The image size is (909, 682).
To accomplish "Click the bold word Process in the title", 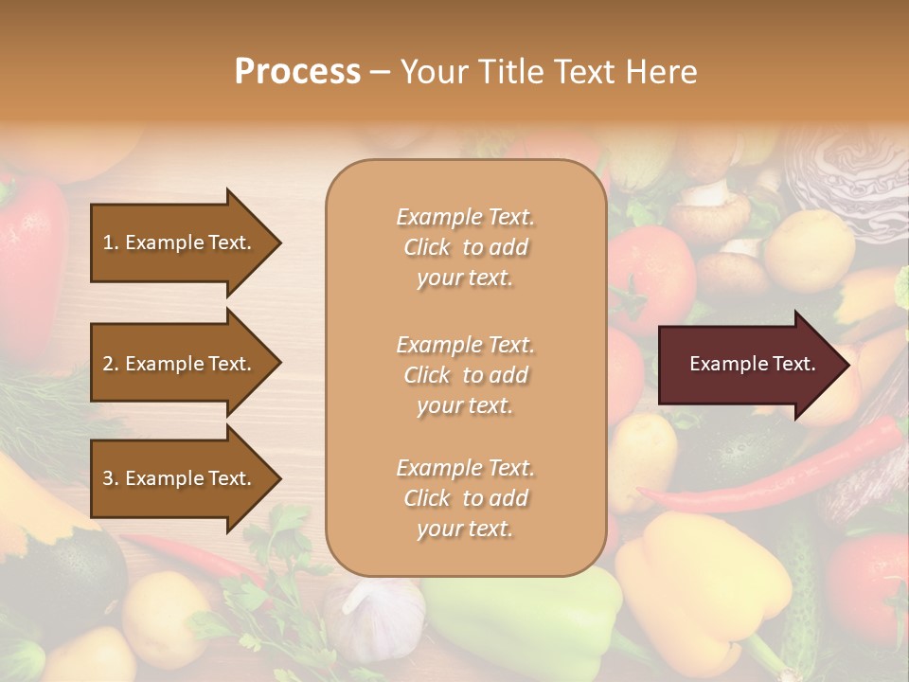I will pos(297,71).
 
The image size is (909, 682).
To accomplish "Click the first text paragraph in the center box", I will pos(465,247).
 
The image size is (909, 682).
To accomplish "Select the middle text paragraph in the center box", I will pos(465,375).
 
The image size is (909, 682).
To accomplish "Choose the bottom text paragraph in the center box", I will pos(465,498).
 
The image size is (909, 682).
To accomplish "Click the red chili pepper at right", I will pos(776,474).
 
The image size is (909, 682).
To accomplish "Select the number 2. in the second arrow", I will pos(111,364).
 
